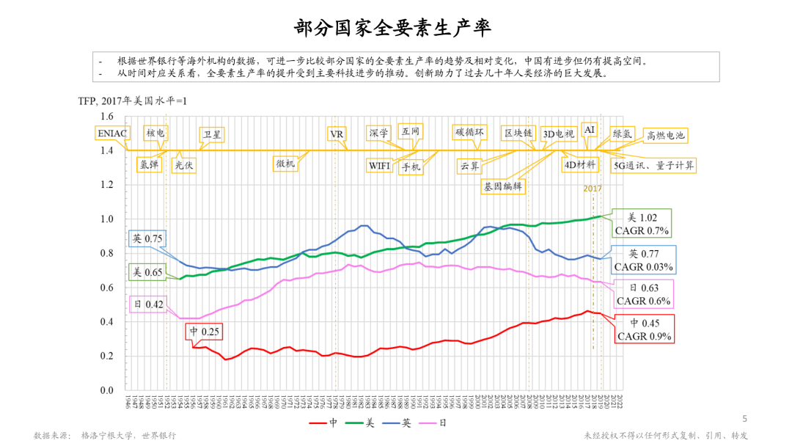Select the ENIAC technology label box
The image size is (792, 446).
click(x=111, y=134)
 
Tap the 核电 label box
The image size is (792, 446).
click(x=155, y=133)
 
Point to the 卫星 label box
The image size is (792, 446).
click(x=213, y=134)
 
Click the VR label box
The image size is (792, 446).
click(x=337, y=134)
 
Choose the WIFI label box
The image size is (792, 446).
click(x=380, y=165)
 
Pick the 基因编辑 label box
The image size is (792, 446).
click(x=504, y=186)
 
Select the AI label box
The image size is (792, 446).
click(x=590, y=129)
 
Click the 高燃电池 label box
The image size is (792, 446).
click(x=664, y=135)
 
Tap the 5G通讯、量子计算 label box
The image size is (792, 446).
click(x=654, y=165)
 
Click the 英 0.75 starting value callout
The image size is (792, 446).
click(x=147, y=238)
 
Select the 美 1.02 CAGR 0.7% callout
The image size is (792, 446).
click(x=642, y=224)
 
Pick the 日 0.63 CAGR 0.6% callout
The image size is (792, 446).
click(x=643, y=293)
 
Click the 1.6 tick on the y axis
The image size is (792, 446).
click(x=107, y=117)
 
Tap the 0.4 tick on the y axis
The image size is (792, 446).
click(x=107, y=322)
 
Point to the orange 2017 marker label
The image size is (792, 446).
click(x=593, y=189)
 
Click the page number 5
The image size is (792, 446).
click(x=745, y=419)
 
